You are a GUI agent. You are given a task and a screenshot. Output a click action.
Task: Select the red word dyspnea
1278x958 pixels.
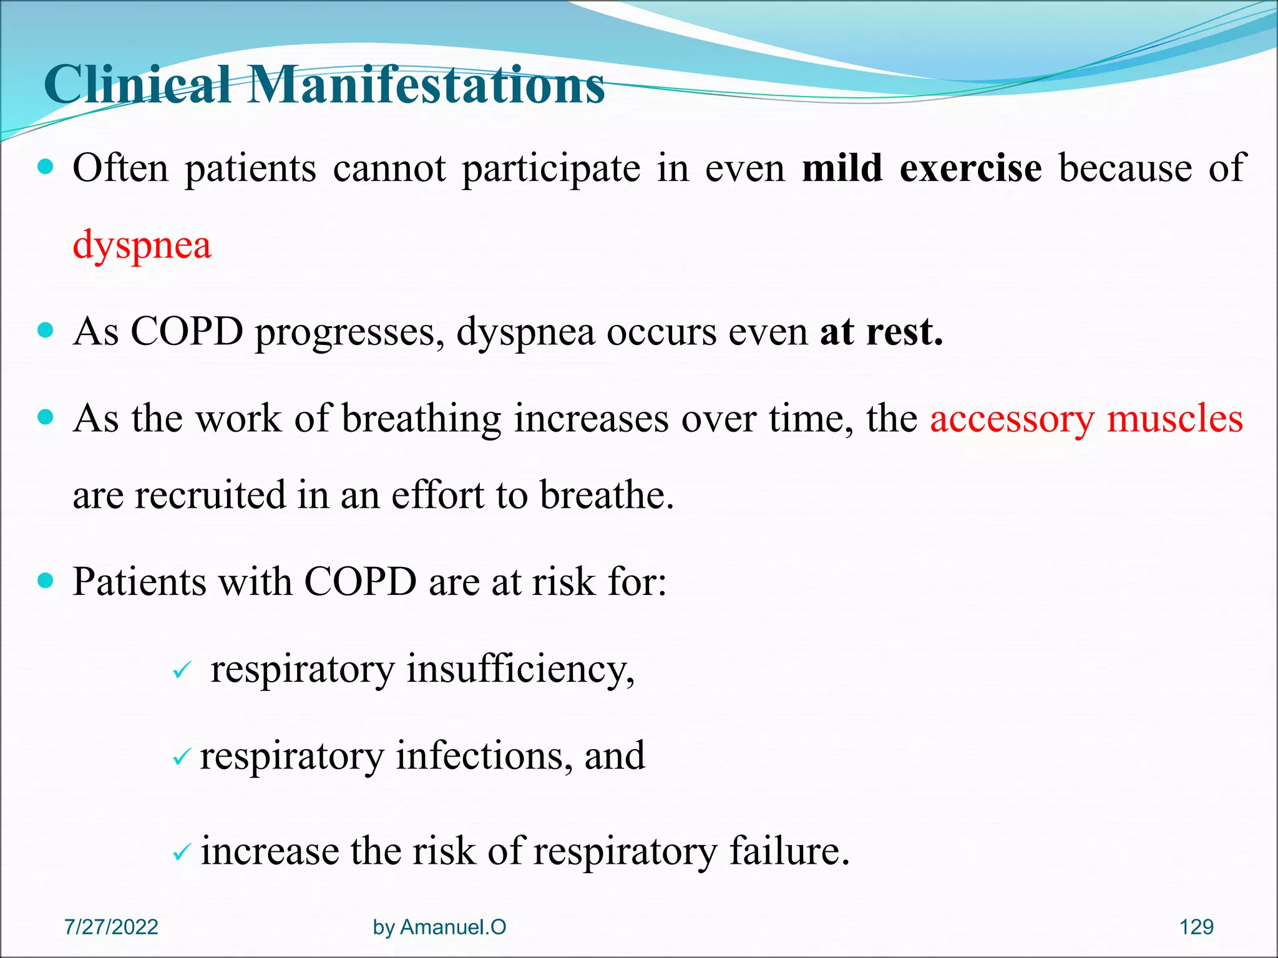142,245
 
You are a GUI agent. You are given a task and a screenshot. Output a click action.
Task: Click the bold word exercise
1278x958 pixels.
970,168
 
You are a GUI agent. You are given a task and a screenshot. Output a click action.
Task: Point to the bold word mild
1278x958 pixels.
842,168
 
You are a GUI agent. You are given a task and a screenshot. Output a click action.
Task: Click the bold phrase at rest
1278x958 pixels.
881,332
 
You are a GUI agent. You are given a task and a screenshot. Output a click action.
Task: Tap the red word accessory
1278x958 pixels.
1012,419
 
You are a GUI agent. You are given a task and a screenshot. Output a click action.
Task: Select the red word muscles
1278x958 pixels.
1175,419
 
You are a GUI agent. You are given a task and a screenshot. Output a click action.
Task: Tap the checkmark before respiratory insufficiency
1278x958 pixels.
181,672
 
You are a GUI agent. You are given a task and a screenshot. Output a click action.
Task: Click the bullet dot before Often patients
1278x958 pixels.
46,168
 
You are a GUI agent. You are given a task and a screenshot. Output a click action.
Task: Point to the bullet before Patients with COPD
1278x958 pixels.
46,582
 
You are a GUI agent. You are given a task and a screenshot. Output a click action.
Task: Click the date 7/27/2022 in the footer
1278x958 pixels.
111,927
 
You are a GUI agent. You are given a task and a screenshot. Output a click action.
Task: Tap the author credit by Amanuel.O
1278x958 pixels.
439,927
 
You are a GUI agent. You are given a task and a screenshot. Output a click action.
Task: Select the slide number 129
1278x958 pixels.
1196,927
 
